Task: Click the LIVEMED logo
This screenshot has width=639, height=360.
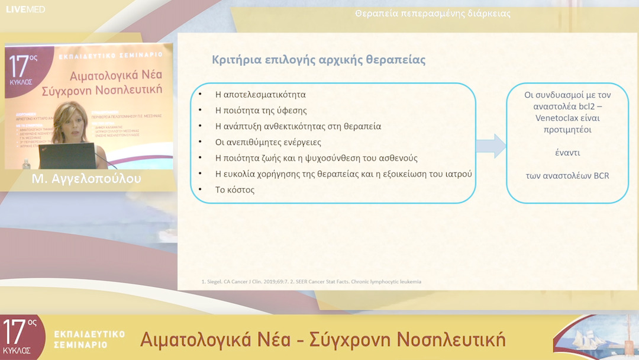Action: [25, 9]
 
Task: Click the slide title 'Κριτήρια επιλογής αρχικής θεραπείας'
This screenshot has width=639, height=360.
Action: [318, 60]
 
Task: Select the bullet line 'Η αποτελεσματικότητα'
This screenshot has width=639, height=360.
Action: [260, 95]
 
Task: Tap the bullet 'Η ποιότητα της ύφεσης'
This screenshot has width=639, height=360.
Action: [261, 110]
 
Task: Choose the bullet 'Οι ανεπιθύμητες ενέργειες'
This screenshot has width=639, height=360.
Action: [268, 142]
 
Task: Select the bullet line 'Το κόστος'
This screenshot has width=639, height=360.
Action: [235, 190]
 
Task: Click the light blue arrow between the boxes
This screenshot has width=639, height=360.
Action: [490, 146]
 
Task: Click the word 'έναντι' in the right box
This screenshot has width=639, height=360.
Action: [567, 153]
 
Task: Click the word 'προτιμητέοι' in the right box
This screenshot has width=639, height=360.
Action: [567, 130]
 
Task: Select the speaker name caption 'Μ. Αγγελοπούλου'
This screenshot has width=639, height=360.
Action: [87, 179]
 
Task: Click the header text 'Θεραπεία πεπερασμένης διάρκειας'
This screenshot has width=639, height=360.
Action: [433, 14]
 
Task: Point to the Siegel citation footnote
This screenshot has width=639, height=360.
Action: [311, 281]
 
